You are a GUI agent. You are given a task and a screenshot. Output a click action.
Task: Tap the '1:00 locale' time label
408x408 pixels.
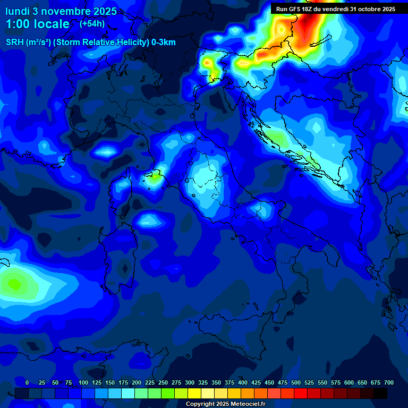37,24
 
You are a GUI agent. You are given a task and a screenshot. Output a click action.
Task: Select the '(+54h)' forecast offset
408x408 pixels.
92,24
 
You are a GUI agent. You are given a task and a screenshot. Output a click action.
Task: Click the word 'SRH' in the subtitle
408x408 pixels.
15,42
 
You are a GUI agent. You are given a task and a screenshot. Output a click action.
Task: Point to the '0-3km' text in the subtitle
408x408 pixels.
164,42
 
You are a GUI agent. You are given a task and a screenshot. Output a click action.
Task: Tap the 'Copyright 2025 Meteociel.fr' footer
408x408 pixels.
225,404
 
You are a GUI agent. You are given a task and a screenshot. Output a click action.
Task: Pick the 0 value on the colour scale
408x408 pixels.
27,382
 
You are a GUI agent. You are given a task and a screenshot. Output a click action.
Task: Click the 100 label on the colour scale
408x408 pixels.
83,382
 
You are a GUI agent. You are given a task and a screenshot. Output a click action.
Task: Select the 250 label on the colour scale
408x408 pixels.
163,382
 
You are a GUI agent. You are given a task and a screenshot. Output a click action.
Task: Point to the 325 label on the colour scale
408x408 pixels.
203,382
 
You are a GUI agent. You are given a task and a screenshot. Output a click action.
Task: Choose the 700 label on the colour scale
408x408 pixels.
388,382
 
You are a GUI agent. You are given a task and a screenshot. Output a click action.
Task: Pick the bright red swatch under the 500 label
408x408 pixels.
301,394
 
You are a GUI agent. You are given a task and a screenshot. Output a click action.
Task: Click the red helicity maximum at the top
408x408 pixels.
311,21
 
